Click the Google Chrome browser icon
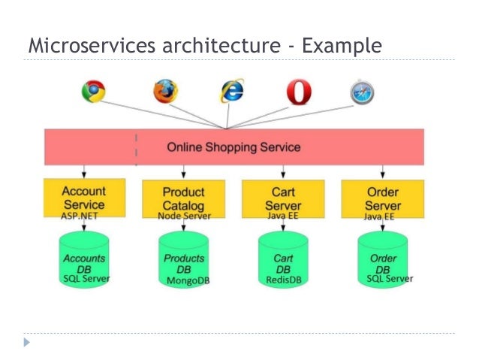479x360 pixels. point(94,92)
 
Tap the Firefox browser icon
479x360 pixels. point(166,91)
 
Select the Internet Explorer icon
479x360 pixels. point(232,92)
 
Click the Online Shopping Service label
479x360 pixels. point(233,147)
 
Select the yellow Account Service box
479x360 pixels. point(83,197)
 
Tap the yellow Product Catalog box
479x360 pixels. point(183,197)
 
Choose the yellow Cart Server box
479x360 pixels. point(283,197)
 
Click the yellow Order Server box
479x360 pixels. point(382,197)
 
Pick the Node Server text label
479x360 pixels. point(184,216)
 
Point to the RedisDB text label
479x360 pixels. point(283,280)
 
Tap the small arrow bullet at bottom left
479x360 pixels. point(28,342)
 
